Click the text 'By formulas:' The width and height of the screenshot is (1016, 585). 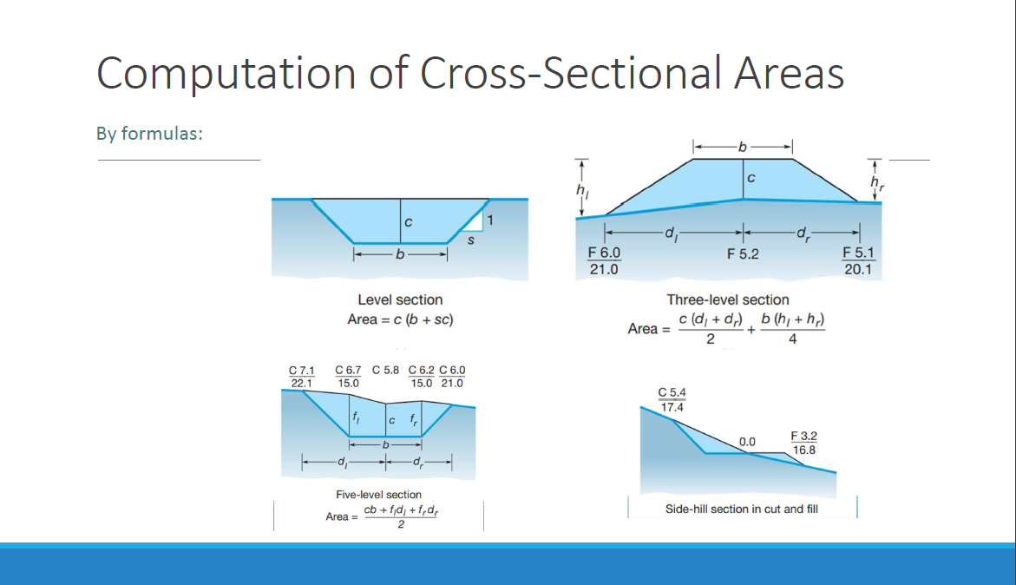coord(150,134)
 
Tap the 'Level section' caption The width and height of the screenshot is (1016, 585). coord(401,300)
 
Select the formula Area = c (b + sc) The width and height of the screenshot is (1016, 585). coord(401,319)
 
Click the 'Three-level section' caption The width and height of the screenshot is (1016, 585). coord(728,300)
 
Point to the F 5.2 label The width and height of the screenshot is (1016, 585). coord(743,254)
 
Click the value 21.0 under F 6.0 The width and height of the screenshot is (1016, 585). coord(604,269)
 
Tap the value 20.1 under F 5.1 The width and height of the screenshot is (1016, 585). coord(858,269)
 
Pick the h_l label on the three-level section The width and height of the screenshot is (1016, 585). coord(582,190)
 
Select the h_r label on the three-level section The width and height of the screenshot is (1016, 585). coord(876,183)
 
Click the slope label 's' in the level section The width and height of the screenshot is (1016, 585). coord(471,240)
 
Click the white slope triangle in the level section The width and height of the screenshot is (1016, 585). coord(475,223)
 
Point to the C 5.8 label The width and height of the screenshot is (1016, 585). coord(385,370)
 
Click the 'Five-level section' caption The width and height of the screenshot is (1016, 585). coord(378,495)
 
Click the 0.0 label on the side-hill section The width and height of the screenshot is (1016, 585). coord(747,442)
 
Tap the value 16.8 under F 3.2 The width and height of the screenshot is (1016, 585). coord(804,450)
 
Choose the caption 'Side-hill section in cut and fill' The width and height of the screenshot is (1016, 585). coord(741,509)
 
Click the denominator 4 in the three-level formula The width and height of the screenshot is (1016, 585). coord(792,339)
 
